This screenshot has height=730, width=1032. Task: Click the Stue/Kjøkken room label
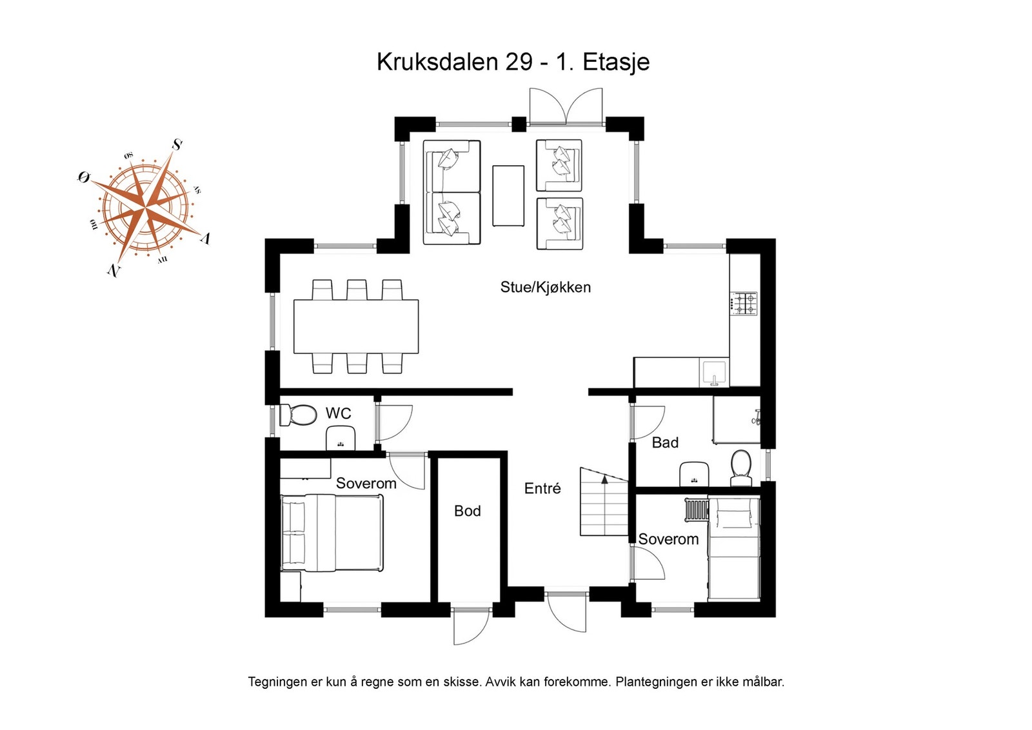tap(545, 287)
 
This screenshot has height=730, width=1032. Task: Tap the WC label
tap(338, 413)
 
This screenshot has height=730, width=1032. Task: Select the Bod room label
tap(467, 511)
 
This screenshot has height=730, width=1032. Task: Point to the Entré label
tap(542, 488)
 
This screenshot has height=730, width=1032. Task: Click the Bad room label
tap(665, 442)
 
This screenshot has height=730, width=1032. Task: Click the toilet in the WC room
tap(298, 415)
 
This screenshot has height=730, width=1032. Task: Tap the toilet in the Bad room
tap(741, 467)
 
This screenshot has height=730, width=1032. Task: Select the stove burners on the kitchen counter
tap(744, 304)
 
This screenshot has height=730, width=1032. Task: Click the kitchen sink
tap(714, 373)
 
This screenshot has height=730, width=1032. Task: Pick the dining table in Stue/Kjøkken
tap(356, 326)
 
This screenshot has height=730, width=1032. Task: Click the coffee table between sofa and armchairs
tap(508, 196)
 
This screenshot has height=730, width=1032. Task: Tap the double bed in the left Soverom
tap(333, 533)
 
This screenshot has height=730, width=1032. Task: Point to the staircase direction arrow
tap(604, 479)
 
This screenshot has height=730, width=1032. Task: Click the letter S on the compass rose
tap(177, 145)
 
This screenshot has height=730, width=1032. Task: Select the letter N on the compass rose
tap(114, 270)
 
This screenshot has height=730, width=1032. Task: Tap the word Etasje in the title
tap(616, 62)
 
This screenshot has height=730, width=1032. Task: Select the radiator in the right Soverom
tap(697, 509)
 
